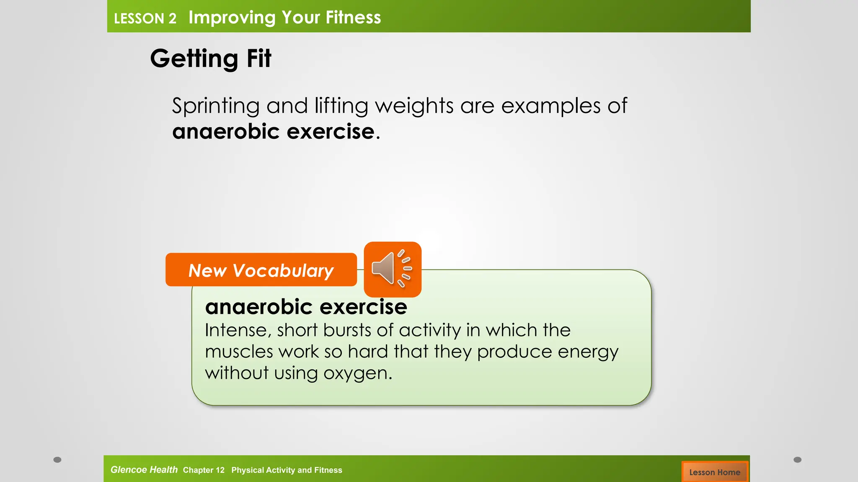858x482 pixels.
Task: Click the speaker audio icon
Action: click(392, 269)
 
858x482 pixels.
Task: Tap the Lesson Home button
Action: click(714, 472)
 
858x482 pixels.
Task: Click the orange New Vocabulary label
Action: click(261, 270)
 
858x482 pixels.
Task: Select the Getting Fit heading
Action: click(210, 58)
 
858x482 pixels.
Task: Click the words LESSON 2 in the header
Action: click(145, 18)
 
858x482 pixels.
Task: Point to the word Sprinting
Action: click(216, 106)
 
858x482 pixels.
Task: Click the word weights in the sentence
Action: click(414, 106)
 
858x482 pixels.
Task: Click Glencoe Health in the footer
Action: click(144, 470)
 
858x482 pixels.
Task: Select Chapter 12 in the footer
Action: click(204, 470)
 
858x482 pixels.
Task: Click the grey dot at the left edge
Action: click(57, 460)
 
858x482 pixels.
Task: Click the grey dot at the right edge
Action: click(797, 460)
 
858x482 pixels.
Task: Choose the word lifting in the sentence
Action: click(341, 106)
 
